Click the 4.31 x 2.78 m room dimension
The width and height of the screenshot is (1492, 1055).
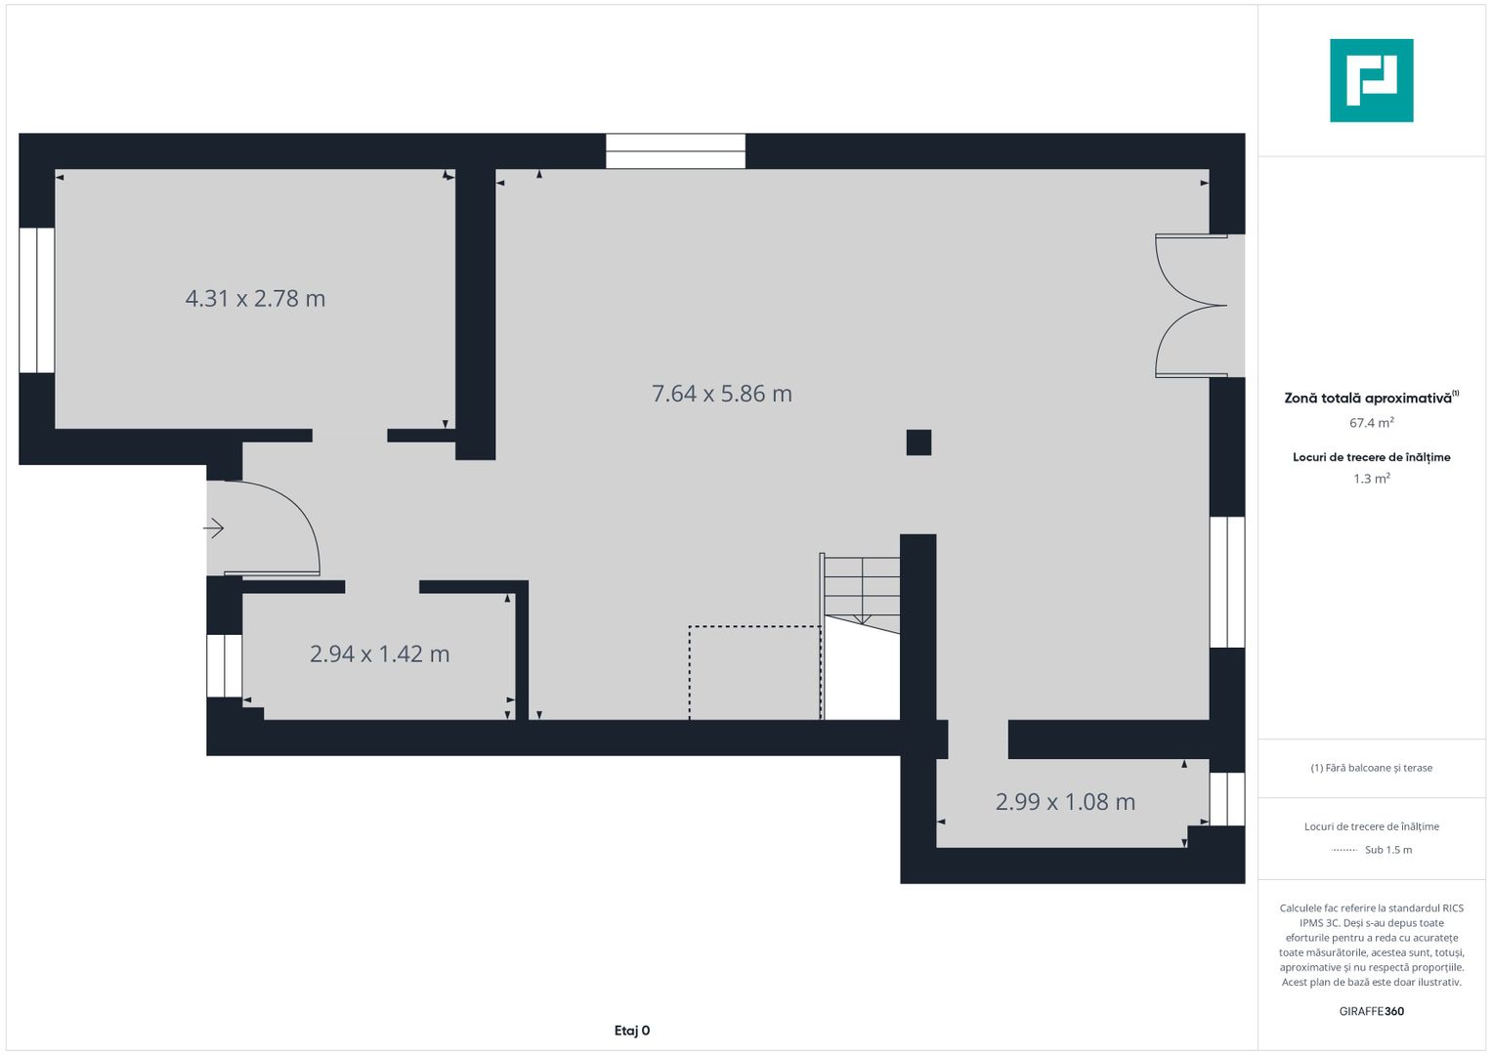255,299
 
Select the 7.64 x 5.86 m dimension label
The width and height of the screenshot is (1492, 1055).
721,394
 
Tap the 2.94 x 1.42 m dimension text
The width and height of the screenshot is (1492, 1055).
379,654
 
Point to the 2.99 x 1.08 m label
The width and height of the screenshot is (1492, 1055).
1065,802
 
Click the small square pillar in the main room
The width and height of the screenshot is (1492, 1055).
918,443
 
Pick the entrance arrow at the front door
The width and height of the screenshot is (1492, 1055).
214,528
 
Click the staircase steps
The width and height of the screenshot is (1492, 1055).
861,587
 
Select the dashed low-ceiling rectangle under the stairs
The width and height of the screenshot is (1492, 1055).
754,673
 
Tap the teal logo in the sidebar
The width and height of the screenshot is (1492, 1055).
1371,80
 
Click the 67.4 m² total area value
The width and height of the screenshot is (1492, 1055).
1371,423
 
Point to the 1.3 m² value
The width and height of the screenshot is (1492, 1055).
1371,479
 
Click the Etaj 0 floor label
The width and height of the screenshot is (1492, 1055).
632,1031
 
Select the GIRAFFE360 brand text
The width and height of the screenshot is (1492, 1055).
1371,1011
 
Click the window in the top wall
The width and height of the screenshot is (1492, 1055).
675,151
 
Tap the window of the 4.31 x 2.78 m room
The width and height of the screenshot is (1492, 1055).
37,300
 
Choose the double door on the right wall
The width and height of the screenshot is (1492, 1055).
1192,306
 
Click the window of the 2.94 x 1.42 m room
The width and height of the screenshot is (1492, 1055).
225,665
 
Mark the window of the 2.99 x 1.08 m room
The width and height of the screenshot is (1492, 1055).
1227,799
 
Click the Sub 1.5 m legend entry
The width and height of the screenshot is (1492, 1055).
1387,850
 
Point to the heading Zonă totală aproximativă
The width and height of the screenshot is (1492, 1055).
1368,399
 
